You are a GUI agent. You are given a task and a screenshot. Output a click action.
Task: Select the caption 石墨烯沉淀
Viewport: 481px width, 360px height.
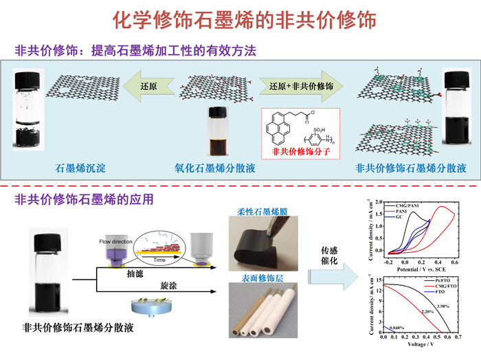(x=78, y=168)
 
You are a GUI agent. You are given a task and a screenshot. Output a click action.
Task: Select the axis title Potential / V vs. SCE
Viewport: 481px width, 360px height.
(x=422, y=270)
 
